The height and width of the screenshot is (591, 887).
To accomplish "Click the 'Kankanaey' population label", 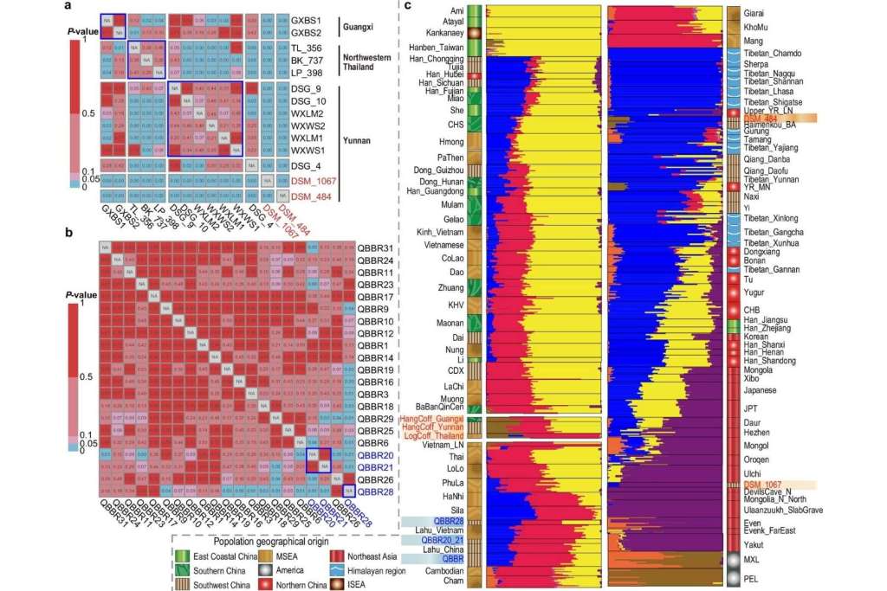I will [x=444, y=32].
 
